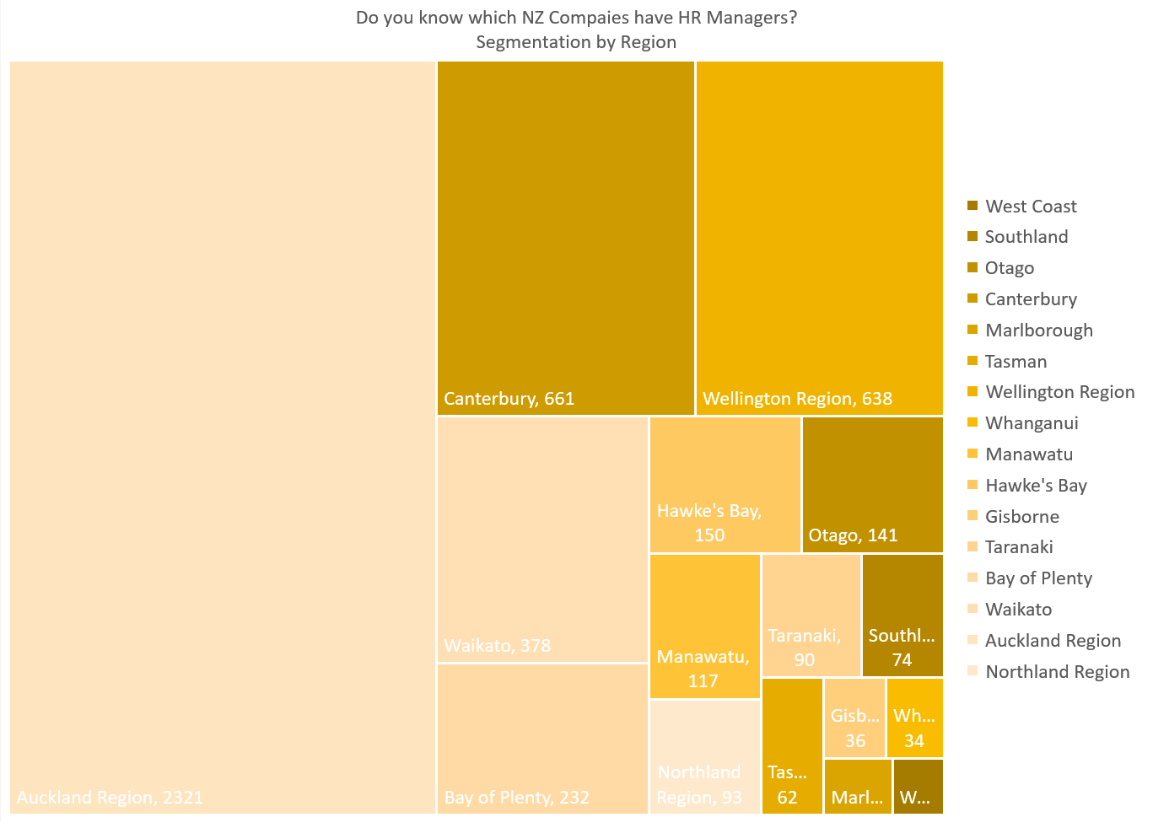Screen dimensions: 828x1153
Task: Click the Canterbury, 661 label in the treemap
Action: [509, 399]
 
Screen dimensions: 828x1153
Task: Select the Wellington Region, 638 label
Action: [797, 399]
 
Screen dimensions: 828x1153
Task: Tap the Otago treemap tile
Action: [872, 485]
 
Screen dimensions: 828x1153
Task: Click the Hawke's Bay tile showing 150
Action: [725, 485]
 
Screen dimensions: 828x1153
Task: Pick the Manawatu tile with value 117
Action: [704, 626]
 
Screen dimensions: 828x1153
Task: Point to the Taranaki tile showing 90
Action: [811, 616]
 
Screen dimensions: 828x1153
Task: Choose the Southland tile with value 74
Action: [902, 616]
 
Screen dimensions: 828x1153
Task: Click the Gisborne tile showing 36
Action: [854, 718]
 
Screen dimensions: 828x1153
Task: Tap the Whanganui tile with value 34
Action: [914, 718]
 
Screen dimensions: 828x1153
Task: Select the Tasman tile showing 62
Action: [791, 746]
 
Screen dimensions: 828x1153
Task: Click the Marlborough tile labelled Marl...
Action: [857, 787]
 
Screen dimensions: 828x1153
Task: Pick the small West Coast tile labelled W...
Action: [918, 787]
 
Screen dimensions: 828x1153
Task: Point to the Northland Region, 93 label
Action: [699, 785]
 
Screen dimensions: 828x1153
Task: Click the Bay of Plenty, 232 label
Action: [516, 798]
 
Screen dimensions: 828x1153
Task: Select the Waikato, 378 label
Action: [497, 646]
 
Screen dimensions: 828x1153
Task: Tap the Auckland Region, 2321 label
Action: [110, 798]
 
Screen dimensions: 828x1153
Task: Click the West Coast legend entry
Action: [1030, 207]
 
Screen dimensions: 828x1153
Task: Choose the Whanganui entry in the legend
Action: [1031, 423]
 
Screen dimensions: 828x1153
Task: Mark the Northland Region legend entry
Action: [1057, 672]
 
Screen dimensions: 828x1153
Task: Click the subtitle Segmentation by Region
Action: [576, 42]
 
